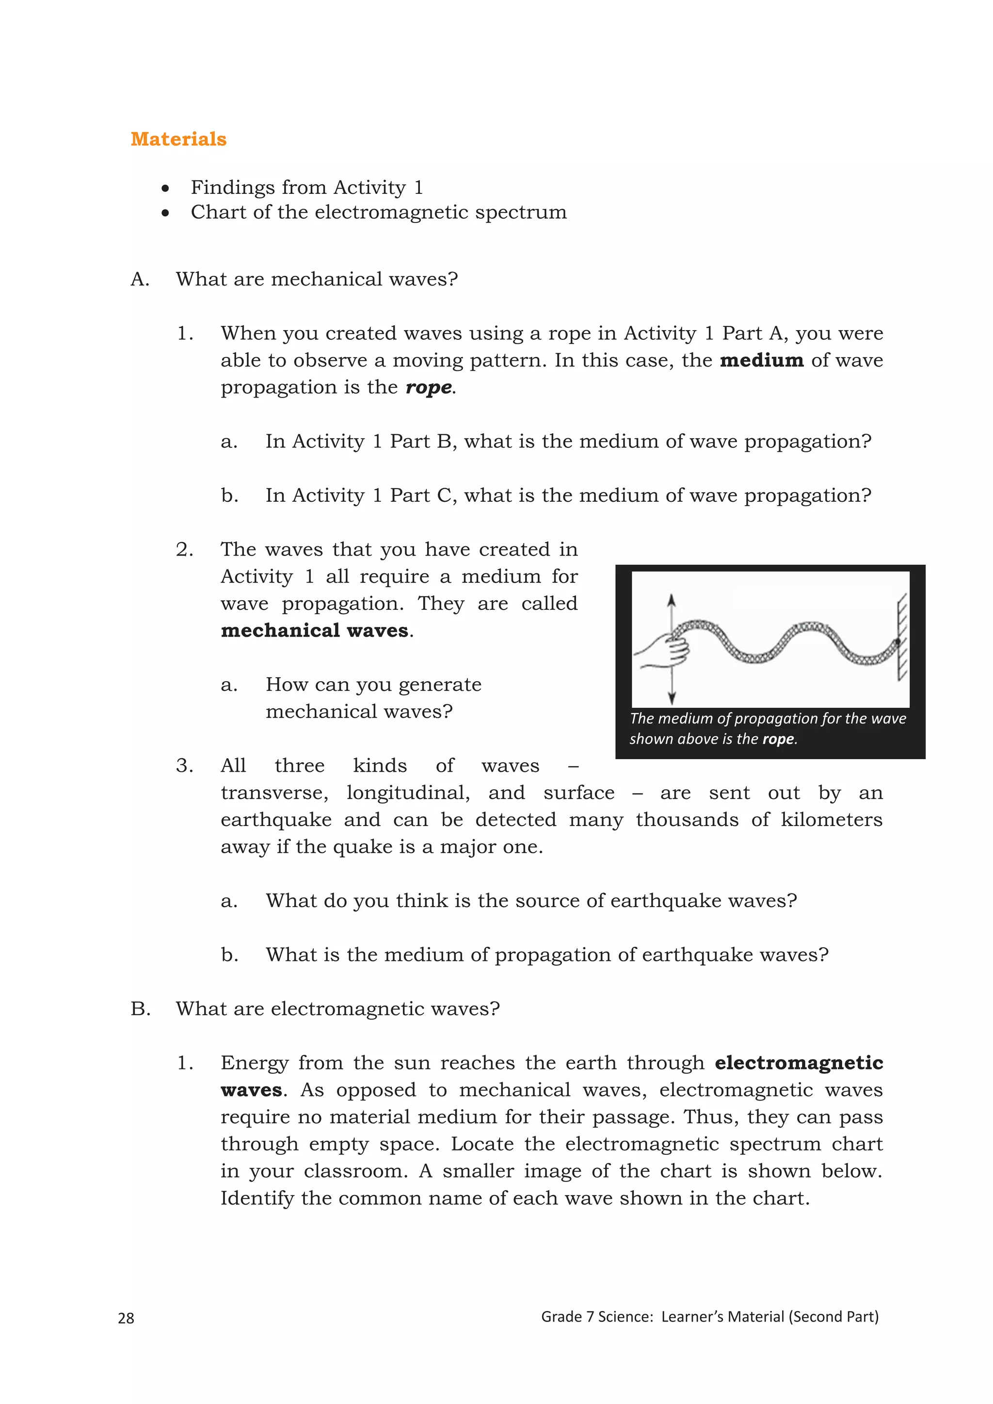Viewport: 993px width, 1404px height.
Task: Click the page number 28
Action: click(x=126, y=1318)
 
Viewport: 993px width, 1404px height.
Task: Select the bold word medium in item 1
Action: click(x=761, y=360)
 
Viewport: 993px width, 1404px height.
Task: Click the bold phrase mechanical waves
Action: click(x=314, y=630)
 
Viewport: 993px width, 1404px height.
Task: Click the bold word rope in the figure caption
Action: click(x=778, y=739)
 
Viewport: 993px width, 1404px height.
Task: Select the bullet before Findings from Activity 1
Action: click(x=165, y=188)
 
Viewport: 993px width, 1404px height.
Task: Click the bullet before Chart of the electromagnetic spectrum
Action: click(x=165, y=213)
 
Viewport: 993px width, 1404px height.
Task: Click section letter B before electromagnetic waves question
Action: click(x=140, y=1009)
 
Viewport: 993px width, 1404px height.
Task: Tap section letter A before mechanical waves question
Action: click(x=140, y=279)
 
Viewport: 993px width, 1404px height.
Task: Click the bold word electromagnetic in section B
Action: click(x=799, y=1063)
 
